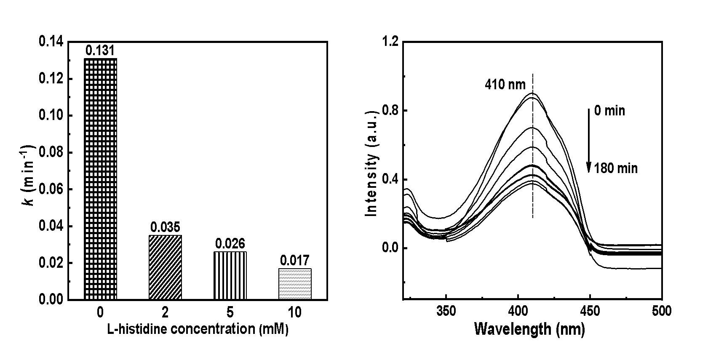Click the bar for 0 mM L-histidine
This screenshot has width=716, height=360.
point(101,179)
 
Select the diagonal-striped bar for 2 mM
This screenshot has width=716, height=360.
point(165,267)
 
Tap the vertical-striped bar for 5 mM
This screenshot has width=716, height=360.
point(230,276)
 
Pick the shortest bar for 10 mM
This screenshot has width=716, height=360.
point(295,284)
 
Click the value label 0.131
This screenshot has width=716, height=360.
point(100,51)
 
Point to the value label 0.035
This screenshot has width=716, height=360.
point(165,228)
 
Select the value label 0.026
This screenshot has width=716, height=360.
point(230,244)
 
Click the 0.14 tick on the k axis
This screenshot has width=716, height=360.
point(51,42)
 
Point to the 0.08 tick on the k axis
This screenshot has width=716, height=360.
point(51,152)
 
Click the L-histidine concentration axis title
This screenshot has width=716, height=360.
point(197,329)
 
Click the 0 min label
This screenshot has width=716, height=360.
point(609,111)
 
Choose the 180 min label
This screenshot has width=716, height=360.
point(616,169)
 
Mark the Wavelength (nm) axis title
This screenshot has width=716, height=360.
point(529,329)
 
